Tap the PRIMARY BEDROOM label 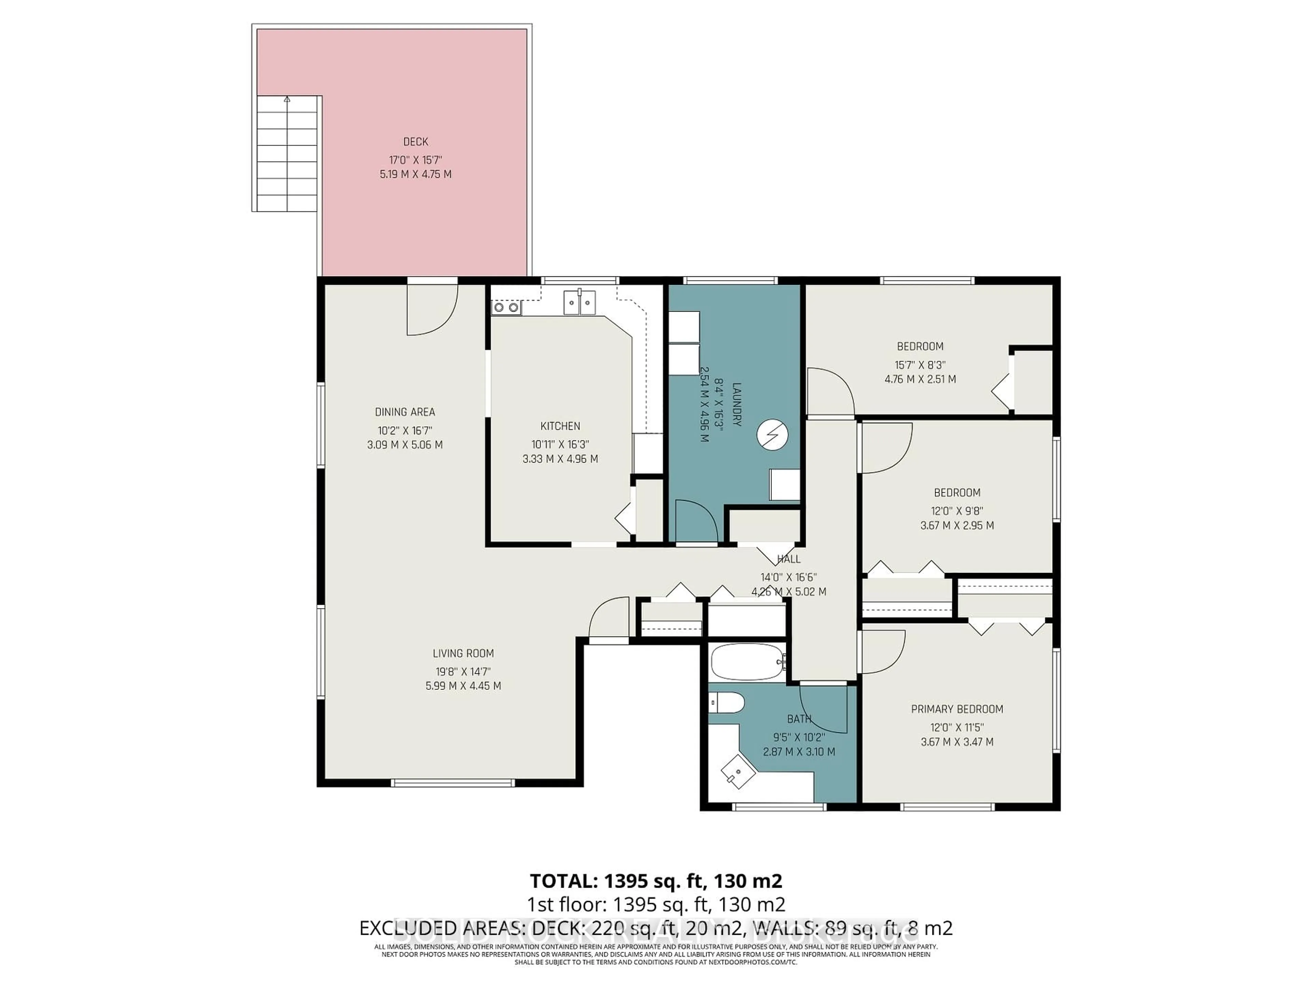[x=957, y=709]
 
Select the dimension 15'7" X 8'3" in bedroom [x=920, y=365]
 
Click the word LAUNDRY [x=737, y=405]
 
